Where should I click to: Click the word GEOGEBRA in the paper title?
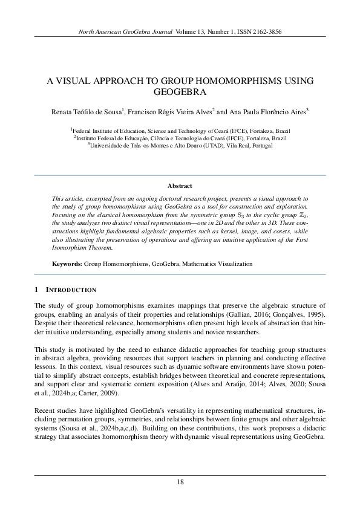180,92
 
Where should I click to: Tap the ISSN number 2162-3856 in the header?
265,31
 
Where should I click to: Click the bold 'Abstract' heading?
180,186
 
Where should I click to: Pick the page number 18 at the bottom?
180,482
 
